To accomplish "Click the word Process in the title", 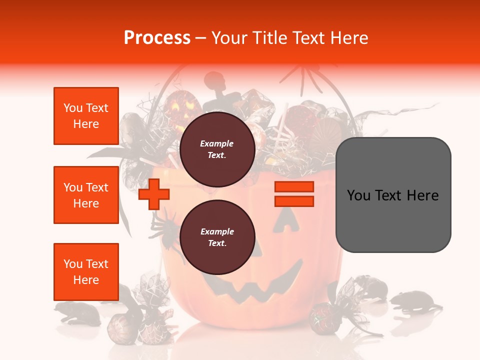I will point(157,38).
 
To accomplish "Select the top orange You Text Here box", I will point(86,116).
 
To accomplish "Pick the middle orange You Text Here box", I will point(86,195).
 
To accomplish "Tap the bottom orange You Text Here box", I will point(86,272).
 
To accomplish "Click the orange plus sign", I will point(154,194).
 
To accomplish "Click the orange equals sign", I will point(294,194).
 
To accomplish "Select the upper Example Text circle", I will point(217,149).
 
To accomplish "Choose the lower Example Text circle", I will point(217,237).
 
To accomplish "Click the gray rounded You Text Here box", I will point(393,195).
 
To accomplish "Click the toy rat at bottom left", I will point(75,312).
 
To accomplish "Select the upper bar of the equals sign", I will point(294,187).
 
